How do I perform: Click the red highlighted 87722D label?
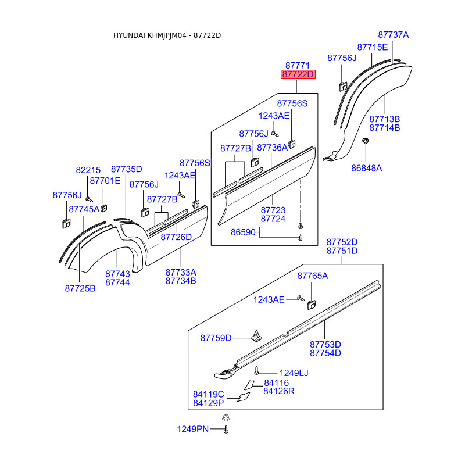298,74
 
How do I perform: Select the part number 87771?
298,65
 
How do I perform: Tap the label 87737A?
394,35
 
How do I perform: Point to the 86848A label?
367,168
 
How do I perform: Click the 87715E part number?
373,47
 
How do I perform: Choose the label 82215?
88,170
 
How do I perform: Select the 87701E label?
105,181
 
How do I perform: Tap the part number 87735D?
127,169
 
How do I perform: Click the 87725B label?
80,288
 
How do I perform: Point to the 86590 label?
243,232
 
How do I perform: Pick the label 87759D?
216,338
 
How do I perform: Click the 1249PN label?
193,429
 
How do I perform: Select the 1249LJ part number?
294,373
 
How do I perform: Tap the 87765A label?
313,276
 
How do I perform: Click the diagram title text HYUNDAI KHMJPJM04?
150,35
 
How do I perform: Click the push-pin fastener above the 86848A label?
366,141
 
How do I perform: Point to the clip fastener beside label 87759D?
256,336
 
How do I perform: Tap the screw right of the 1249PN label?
226,429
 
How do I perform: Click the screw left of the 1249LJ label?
257,370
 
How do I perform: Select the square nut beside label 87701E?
104,208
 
